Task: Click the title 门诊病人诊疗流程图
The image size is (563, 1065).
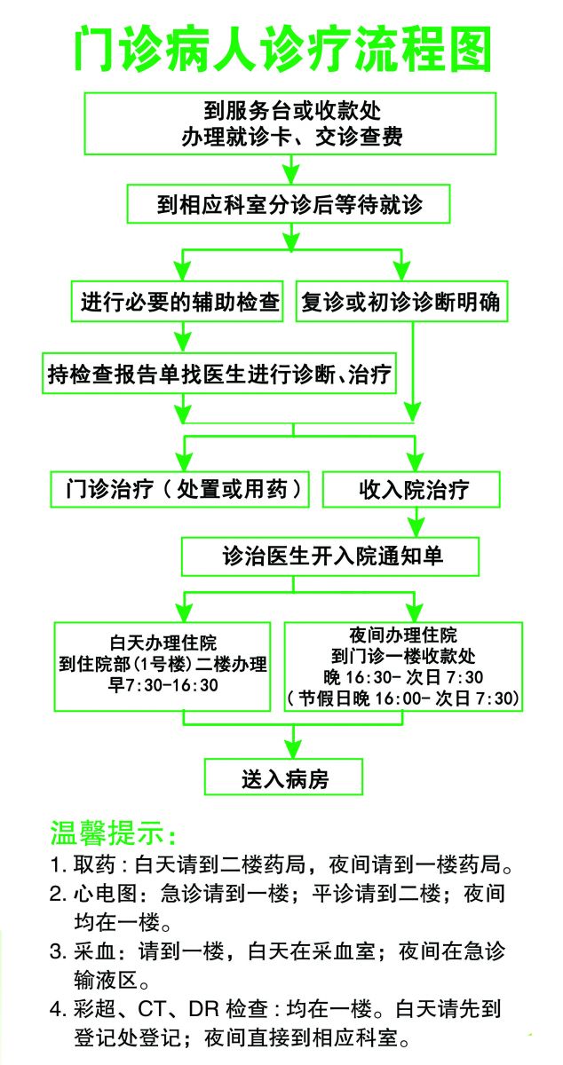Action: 282,50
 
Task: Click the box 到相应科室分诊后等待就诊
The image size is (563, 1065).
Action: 289,204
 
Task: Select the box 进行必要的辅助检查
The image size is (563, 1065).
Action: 178,302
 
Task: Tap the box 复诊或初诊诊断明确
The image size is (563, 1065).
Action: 401,302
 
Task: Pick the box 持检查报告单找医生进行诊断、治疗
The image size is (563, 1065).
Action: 219,374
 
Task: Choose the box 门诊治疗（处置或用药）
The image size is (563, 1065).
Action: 180,489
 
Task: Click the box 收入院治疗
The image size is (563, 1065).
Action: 412,489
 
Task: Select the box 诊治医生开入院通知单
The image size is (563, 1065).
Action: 330,556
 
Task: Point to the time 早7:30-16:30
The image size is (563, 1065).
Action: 163,685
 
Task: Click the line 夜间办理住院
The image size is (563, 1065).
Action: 403,635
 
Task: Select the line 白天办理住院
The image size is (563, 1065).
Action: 163,643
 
